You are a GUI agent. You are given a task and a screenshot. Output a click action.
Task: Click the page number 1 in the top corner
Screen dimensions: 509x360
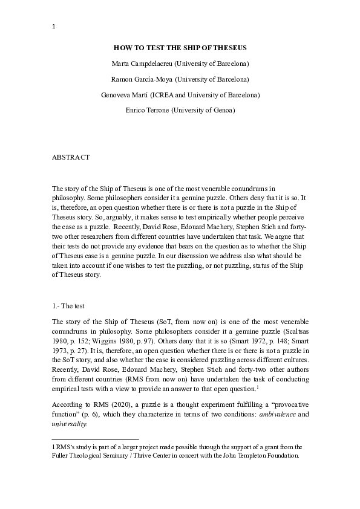[x=54, y=26]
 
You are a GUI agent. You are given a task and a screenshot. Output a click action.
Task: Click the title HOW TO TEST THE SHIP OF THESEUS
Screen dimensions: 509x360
[x=180, y=47]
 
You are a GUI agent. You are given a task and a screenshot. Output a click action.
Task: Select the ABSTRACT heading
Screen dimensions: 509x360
[x=71, y=157]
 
